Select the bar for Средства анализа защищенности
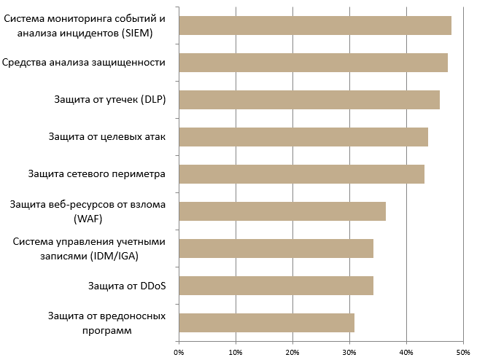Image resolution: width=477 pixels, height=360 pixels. (x=313, y=63)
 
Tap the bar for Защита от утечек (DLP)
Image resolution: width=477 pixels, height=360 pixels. (x=309, y=100)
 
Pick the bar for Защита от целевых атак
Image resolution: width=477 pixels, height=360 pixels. (x=303, y=137)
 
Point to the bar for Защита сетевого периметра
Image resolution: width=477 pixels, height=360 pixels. (x=301, y=174)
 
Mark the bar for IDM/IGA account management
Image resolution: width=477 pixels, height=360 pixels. (x=276, y=249)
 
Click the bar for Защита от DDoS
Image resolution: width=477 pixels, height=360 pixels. (x=276, y=285)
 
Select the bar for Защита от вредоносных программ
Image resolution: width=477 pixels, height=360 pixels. (x=266, y=322)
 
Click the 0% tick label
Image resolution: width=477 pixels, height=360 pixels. (x=179, y=353)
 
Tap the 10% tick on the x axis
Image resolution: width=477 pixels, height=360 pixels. (x=236, y=353)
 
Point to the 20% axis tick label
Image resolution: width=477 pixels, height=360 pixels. (x=292, y=353)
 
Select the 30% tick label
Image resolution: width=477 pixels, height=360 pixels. (x=349, y=353)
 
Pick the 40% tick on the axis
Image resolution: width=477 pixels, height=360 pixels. (x=406, y=353)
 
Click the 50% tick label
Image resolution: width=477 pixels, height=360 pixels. (x=462, y=353)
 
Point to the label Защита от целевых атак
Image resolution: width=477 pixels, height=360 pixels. (x=107, y=137)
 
